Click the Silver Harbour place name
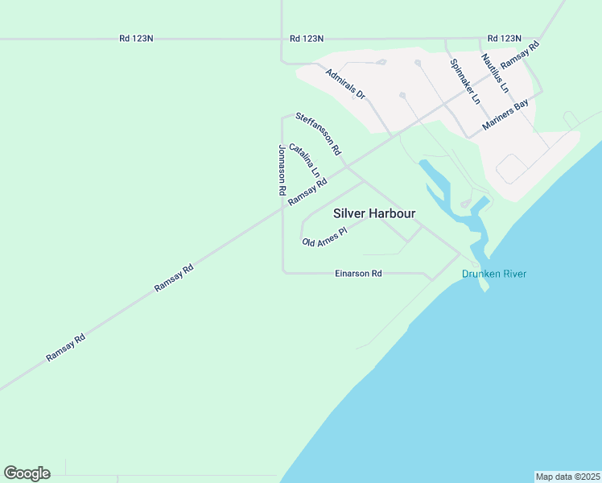tap(374, 213)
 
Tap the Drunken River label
tap(494, 274)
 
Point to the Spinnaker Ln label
tap(465, 81)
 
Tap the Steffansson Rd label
tap(319, 134)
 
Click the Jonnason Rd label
tap(282, 171)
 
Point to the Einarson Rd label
tap(358, 274)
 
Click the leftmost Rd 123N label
tap(136, 38)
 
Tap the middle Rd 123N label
tap(307, 38)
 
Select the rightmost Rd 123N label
tap(505, 38)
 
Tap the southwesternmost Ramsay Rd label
tap(66, 347)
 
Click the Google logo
tap(27, 473)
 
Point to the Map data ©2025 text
tap(568, 477)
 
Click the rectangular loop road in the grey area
tap(512, 169)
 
